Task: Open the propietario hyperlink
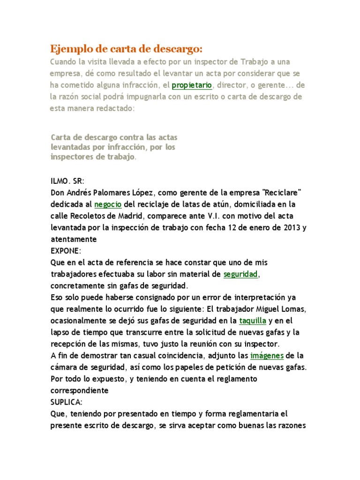pos(192,85)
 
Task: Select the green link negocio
pos(108,204)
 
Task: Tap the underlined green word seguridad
pos(240,274)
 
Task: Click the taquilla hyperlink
pos(253,321)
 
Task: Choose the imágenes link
pos(267,355)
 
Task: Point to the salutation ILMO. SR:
pos(66,181)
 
